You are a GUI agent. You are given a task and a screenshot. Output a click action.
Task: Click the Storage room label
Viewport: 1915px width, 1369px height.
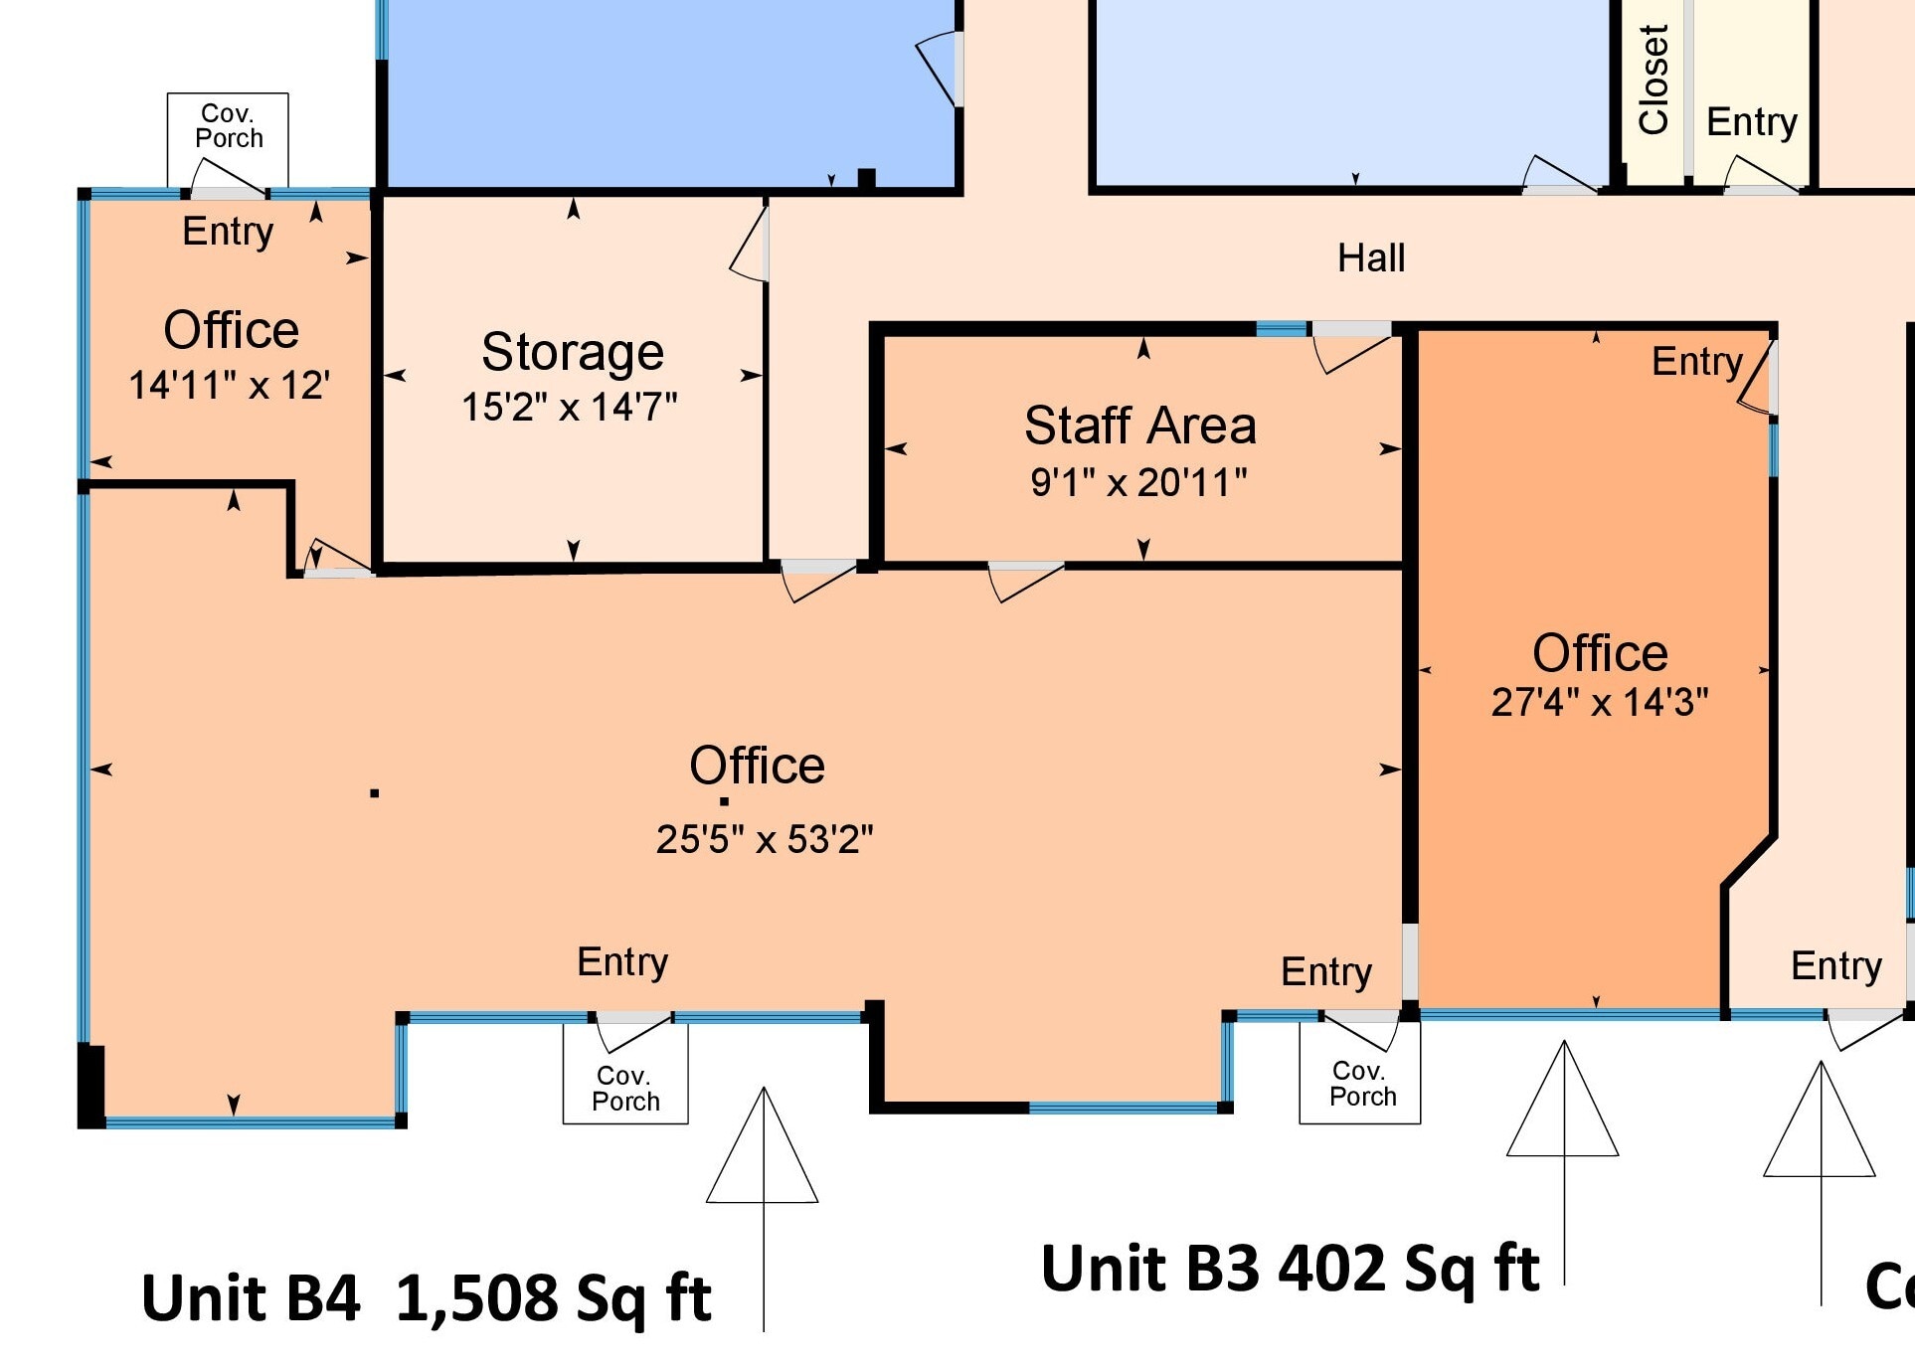(x=573, y=352)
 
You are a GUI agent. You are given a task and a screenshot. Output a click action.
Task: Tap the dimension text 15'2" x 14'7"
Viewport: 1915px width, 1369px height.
(x=569, y=407)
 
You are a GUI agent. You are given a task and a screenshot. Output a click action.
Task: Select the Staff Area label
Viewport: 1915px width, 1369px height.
(x=1140, y=426)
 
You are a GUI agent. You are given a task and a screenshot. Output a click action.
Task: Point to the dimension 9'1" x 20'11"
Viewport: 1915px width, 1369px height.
(x=1138, y=482)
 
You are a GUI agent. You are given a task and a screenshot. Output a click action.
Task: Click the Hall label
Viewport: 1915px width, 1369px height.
(x=1370, y=258)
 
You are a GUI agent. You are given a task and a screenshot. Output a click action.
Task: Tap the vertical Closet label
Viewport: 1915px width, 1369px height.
(x=1653, y=80)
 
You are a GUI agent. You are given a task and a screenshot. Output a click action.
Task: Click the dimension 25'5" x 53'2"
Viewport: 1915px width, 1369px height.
(x=764, y=839)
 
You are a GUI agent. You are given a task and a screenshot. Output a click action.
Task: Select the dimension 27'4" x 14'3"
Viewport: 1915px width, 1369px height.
(x=1599, y=702)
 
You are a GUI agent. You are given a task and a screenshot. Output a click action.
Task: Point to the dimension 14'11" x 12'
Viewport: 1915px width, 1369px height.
(x=229, y=385)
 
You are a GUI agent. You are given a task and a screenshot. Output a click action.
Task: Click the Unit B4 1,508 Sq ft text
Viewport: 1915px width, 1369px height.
(x=426, y=1297)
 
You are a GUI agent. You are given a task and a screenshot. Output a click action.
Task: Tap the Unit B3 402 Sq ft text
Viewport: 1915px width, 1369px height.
(x=1290, y=1269)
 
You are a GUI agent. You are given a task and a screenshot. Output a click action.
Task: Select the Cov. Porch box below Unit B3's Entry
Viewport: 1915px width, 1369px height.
(x=1360, y=1084)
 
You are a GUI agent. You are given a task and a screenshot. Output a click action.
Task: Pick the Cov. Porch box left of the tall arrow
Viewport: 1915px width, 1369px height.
(x=625, y=1088)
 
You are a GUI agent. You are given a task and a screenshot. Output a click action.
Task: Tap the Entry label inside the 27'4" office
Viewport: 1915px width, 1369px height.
(x=1696, y=362)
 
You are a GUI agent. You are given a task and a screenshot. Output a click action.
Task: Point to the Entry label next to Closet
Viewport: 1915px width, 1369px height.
(x=1751, y=122)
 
